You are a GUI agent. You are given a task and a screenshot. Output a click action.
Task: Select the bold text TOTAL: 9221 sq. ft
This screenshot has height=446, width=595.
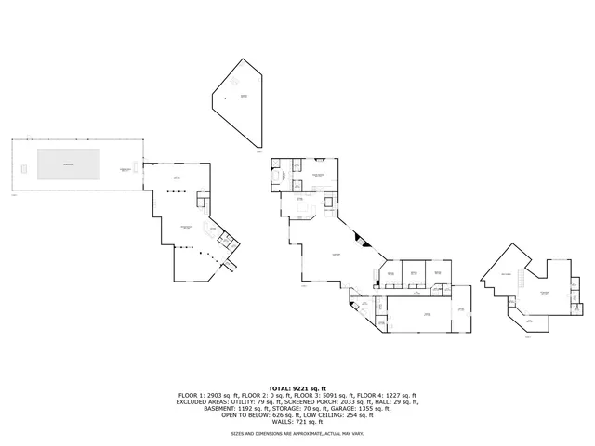pyautogui.click(x=297, y=387)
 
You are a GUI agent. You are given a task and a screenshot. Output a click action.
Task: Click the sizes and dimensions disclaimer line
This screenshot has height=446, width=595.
pyautogui.click(x=297, y=434)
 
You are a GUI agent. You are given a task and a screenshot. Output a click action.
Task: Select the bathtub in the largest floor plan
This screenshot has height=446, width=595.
pyautogui.click(x=279, y=175)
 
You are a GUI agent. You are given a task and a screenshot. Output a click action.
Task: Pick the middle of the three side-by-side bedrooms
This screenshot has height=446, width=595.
pyautogui.click(x=411, y=273)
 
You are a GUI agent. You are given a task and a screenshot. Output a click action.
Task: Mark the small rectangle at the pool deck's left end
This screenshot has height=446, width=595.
pyautogui.click(x=20, y=168)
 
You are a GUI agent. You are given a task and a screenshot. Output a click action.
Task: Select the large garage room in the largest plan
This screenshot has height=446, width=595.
pyautogui.click(x=428, y=315)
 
